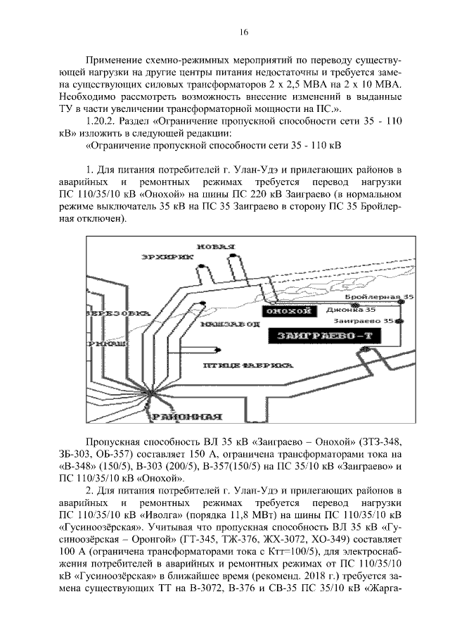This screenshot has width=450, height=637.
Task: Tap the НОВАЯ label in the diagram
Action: click(x=214, y=246)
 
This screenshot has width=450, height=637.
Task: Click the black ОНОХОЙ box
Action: click(x=285, y=310)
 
